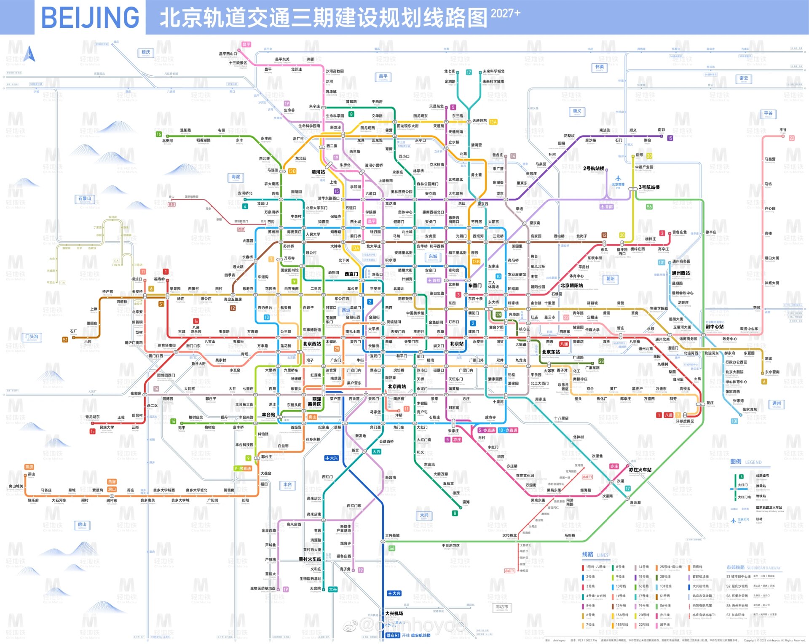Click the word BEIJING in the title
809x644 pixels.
point(90,17)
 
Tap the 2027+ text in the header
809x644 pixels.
point(505,13)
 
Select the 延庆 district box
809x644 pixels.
point(145,53)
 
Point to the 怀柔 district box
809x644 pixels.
point(599,67)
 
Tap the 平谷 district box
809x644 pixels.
point(768,114)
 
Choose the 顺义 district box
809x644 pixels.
point(577,112)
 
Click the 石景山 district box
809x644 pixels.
point(85,199)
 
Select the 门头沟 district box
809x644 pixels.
point(32,337)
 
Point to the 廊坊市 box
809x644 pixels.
point(501,607)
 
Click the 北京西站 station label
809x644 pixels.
point(312,344)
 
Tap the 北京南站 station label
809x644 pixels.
point(396,386)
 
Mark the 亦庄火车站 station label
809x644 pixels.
point(640,470)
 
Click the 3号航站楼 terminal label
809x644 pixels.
point(649,187)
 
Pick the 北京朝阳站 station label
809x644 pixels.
point(571,285)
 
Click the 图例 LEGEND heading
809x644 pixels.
point(746,462)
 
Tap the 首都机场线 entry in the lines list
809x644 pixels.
point(701,577)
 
